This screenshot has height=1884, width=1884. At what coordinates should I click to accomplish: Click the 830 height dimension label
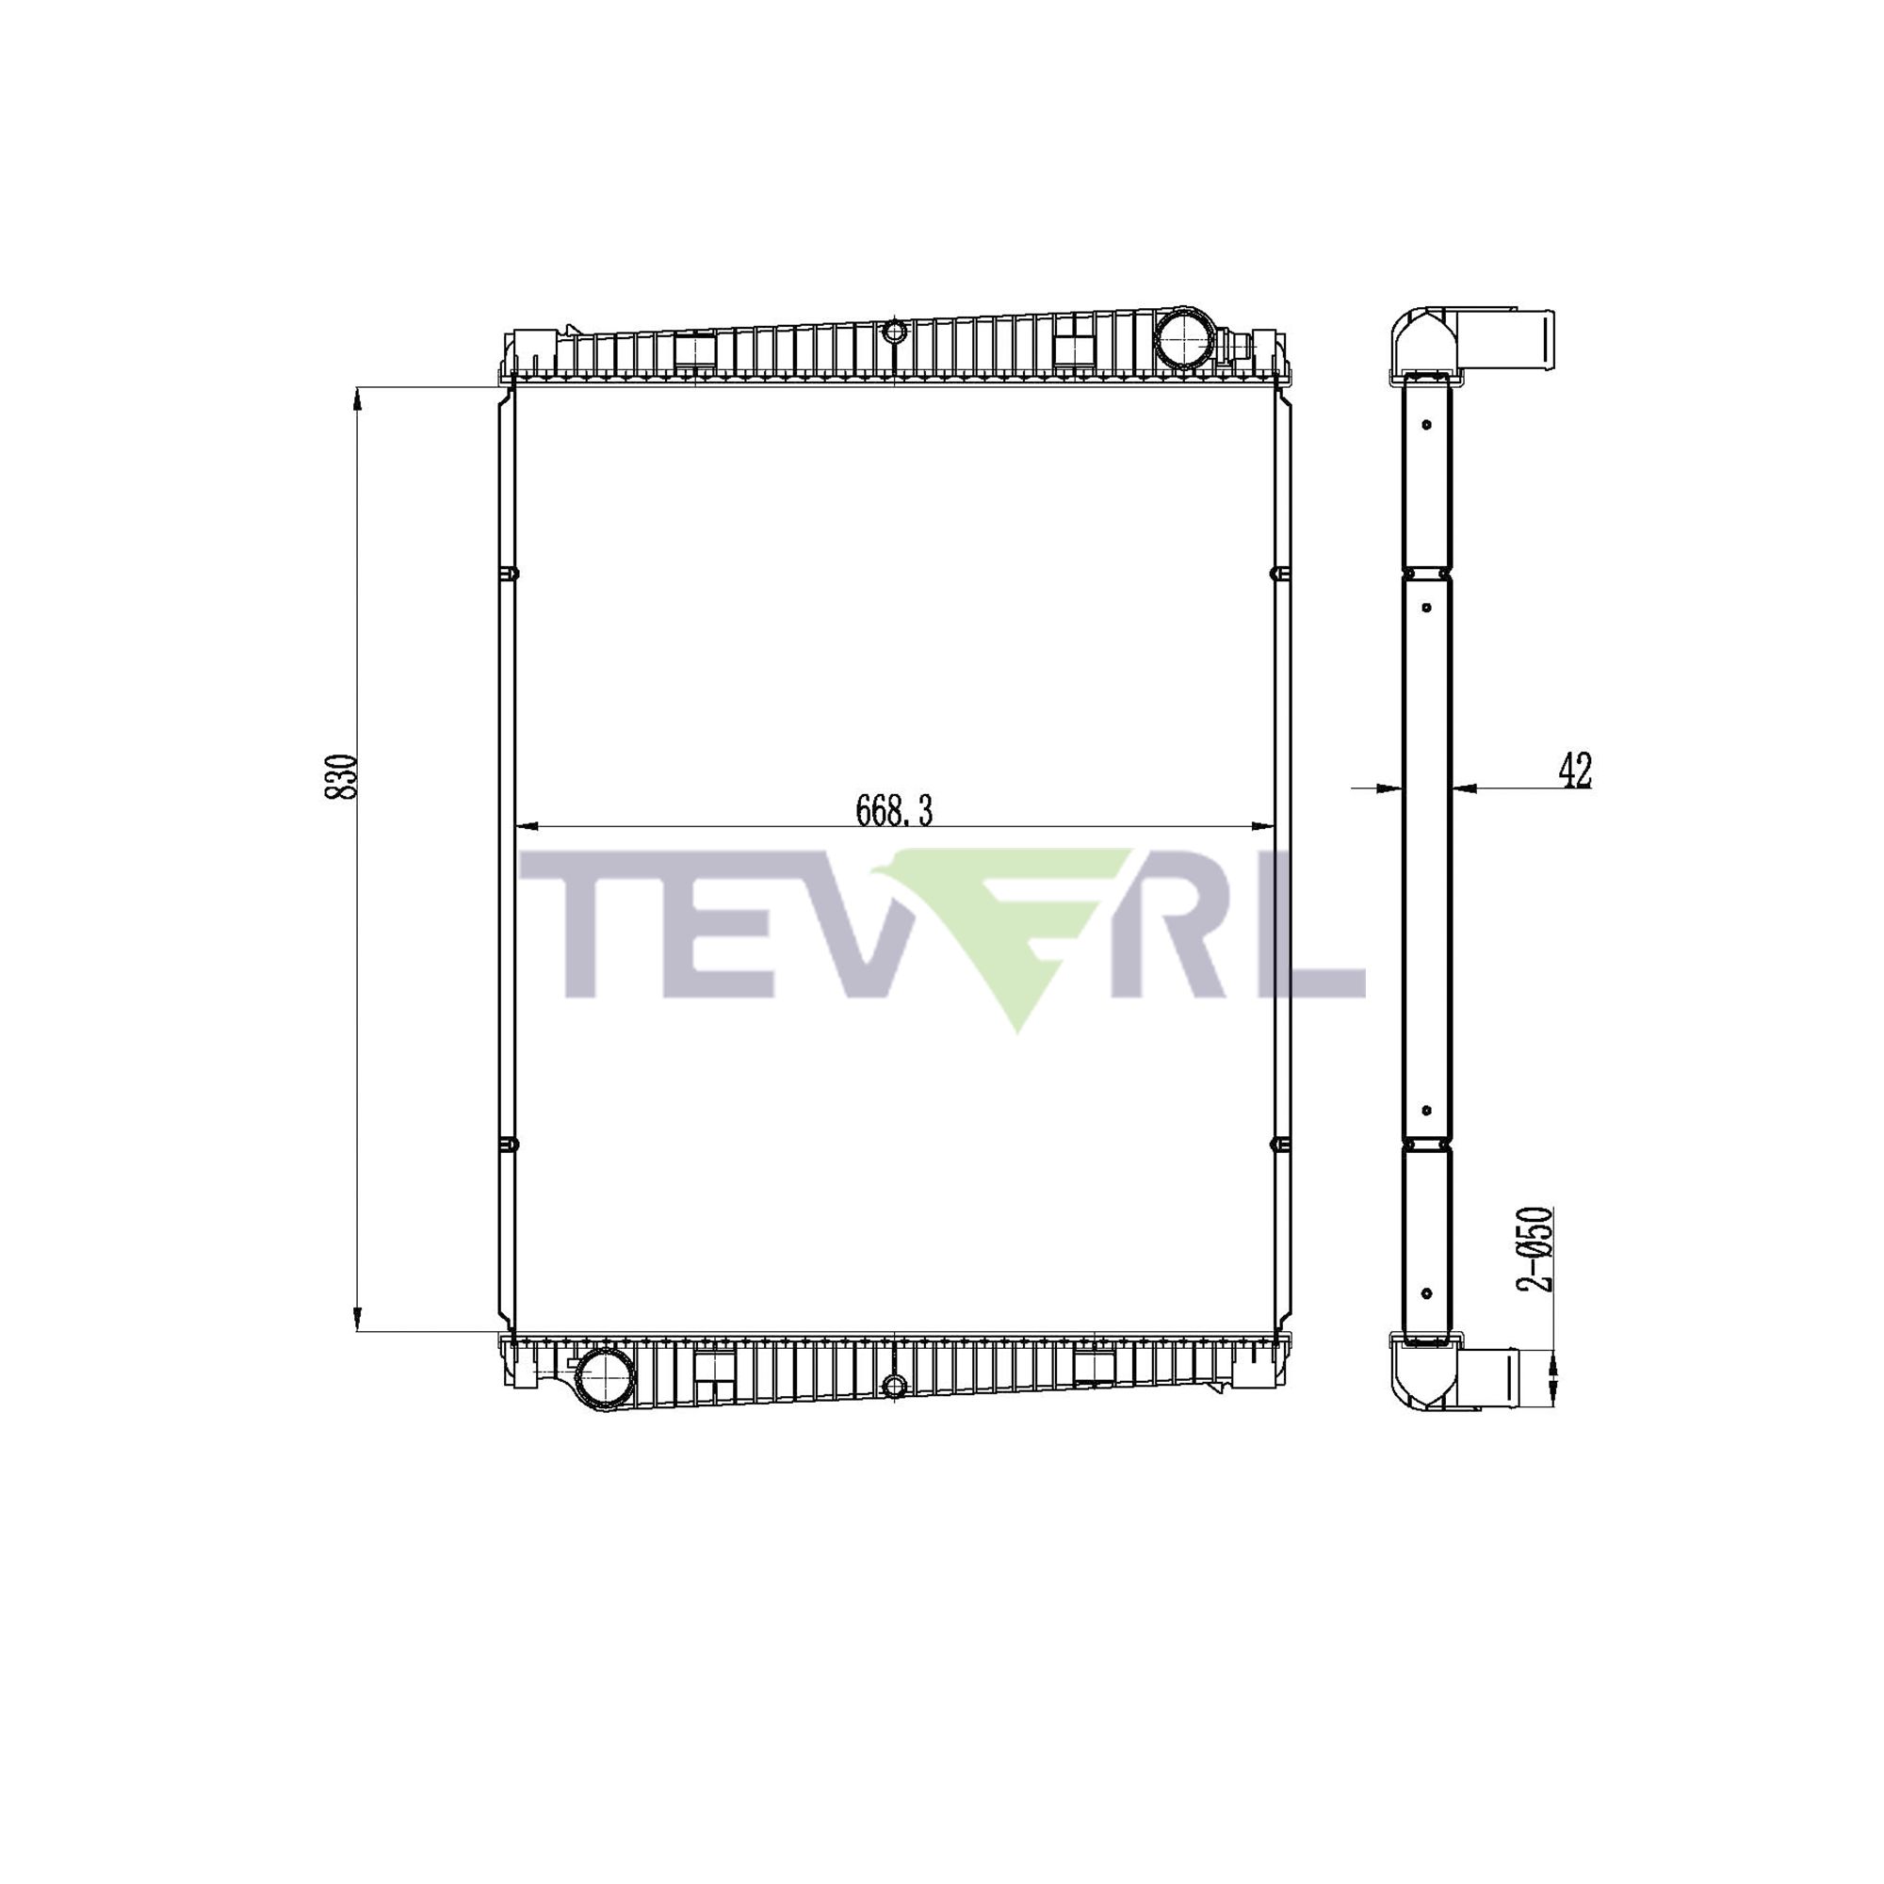(x=340, y=776)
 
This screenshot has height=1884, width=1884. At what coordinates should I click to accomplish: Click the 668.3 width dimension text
(x=893, y=810)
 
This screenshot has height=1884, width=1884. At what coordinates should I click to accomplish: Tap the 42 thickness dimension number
(x=1575, y=771)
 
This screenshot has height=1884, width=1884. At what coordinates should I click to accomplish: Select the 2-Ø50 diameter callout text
(x=1536, y=1250)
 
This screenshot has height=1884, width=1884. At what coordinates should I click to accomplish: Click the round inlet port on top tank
(x=1182, y=337)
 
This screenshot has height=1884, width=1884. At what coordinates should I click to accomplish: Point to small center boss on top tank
(x=894, y=333)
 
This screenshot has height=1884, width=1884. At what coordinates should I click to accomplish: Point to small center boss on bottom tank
(x=894, y=1385)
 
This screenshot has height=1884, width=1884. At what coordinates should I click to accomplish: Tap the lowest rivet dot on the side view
(x=1426, y=1293)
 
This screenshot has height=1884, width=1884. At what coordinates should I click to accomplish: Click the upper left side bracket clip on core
(x=509, y=575)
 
